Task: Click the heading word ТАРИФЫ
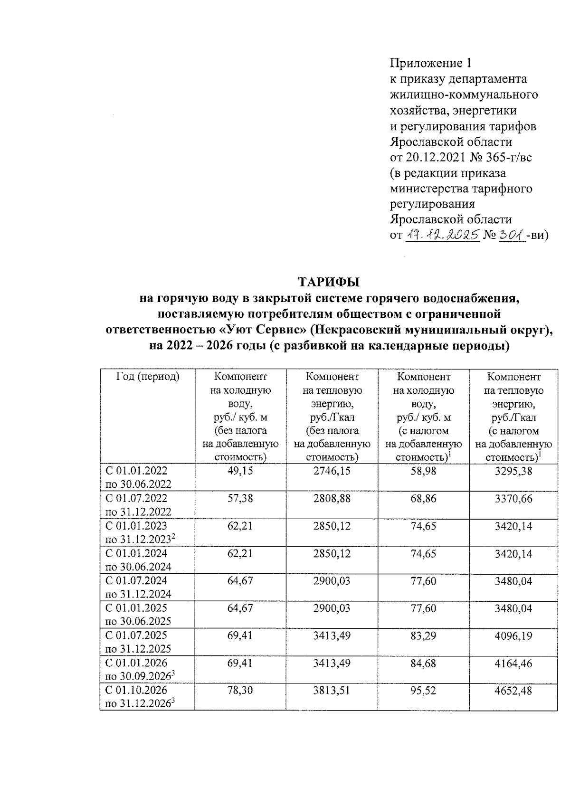(329, 282)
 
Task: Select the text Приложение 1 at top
(431, 63)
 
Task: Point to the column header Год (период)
(148, 377)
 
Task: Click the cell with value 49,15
(240, 471)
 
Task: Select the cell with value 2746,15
(332, 471)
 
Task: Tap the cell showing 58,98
(423, 471)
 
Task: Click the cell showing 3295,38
(513, 471)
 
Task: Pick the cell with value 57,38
(240, 498)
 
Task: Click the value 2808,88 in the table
(332, 498)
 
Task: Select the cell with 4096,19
(513, 635)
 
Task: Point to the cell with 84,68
(423, 663)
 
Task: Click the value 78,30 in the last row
(240, 690)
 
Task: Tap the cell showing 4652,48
(513, 690)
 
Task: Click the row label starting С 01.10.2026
(137, 690)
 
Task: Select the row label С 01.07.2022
(137, 498)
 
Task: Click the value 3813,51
(332, 690)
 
